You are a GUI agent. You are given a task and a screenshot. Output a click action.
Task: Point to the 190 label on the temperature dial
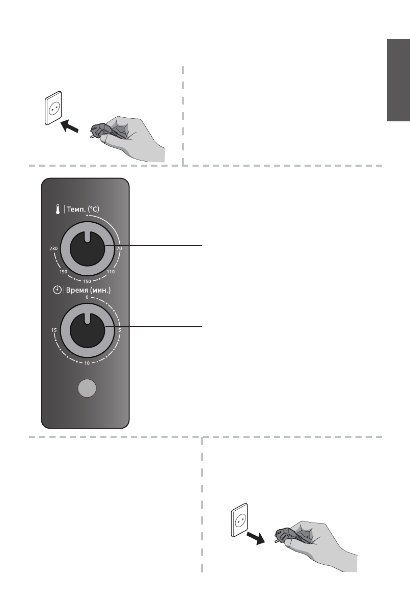(63, 272)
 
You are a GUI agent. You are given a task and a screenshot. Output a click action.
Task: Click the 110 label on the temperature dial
(111, 272)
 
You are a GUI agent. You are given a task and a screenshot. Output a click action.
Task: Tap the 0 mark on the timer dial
(87, 297)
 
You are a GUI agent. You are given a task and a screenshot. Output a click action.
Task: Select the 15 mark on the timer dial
(53, 330)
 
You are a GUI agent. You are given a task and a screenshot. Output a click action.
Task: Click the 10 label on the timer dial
(87, 363)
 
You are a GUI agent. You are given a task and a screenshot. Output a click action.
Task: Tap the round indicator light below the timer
(87, 389)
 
